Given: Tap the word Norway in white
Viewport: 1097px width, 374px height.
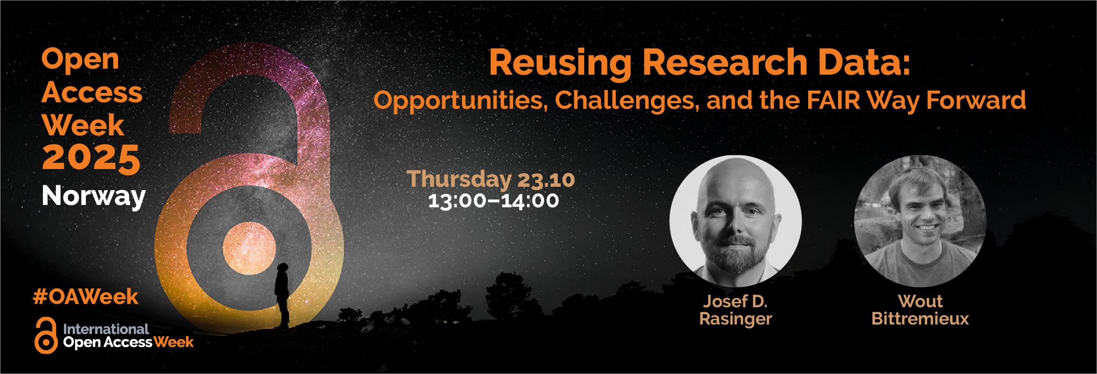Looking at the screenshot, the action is [94, 196].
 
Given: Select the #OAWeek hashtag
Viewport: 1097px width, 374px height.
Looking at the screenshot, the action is [86, 297].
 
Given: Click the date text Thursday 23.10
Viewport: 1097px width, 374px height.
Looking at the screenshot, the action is [491, 179].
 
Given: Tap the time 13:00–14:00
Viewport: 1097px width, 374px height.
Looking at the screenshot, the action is [494, 201].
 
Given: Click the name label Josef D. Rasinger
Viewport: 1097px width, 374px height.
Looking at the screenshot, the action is [736, 310].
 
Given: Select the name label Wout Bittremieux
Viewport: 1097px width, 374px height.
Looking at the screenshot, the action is [920, 310].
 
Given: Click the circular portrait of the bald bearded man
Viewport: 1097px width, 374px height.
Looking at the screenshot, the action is [736, 221].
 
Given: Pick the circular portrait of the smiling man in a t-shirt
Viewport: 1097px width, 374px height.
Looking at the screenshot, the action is [920, 221].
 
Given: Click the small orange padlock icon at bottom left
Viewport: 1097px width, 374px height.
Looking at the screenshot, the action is [46, 336].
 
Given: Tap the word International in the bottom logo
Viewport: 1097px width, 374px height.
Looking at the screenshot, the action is [106, 329].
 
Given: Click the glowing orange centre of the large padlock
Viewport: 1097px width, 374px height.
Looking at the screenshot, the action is [249, 248].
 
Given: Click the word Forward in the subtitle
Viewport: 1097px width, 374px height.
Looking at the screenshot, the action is [976, 100].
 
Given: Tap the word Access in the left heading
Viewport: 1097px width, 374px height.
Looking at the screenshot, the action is [92, 92].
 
